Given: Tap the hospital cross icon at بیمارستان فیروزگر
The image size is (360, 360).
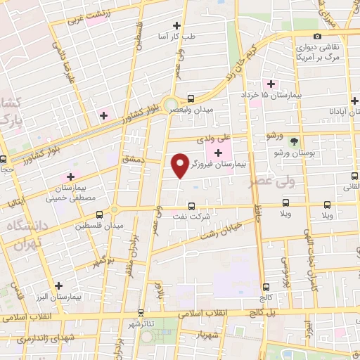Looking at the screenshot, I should tap(218, 153).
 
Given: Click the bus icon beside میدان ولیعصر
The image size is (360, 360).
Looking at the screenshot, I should tap(191, 99).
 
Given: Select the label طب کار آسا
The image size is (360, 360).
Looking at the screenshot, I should tap(199, 35).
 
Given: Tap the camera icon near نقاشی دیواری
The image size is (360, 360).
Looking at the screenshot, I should tap(317, 37).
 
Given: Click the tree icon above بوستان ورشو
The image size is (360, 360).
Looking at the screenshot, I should tap(294, 141).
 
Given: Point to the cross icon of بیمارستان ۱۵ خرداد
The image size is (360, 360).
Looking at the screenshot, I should tap(271, 84).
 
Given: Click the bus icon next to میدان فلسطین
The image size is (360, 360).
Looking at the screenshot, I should tap(98, 214).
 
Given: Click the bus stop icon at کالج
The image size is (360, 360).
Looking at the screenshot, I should tap(265, 286).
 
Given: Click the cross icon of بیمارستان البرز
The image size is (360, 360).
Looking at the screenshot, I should tap(59, 285).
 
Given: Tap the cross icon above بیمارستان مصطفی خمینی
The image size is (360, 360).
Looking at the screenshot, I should tap(70, 176).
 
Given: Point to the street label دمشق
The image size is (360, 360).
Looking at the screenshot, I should tap(133, 160).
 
